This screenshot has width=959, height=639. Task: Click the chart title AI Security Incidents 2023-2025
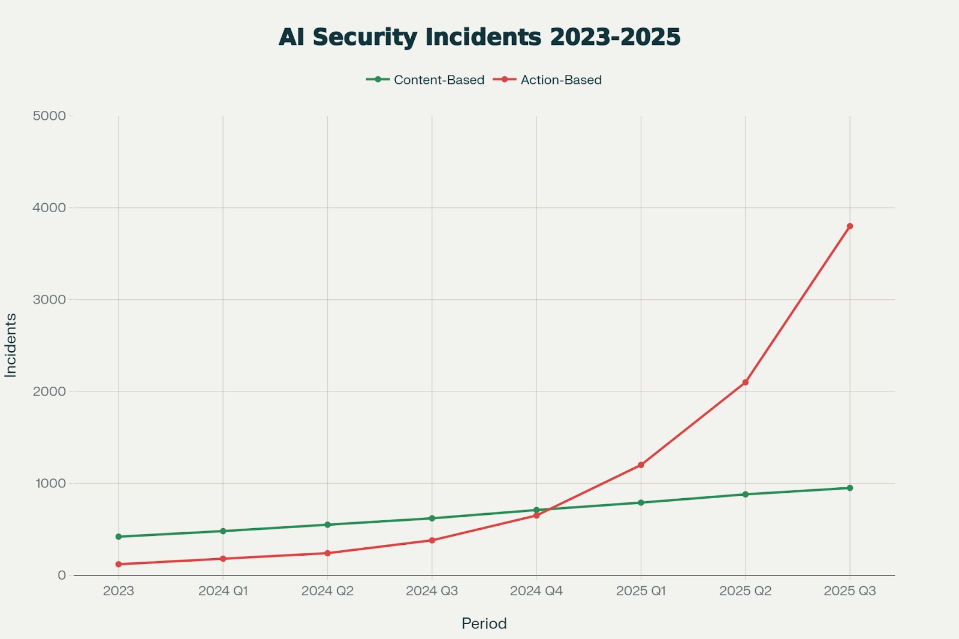[479, 37]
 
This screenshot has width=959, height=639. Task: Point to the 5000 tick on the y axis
[49, 116]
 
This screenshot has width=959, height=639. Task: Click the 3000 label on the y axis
[49, 300]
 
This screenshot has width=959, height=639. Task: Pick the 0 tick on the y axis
[61, 575]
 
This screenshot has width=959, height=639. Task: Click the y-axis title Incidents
[11, 345]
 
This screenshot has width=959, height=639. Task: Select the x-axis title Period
[484, 623]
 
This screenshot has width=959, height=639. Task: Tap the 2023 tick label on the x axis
[119, 591]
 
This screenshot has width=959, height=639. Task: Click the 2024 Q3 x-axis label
[432, 591]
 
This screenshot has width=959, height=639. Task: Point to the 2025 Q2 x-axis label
[745, 591]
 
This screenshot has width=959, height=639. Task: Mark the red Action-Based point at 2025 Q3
[850, 226]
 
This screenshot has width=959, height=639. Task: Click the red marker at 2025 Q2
[745, 382]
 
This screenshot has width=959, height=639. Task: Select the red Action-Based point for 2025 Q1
[641, 465]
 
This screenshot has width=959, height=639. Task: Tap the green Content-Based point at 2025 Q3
[850, 488]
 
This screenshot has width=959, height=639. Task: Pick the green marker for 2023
[119, 536]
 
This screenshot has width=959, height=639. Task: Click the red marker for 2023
[119, 564]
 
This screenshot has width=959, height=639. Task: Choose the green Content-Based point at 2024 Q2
[327, 525]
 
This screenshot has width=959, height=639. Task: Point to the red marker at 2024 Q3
[432, 540]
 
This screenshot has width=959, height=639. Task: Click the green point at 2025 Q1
[641, 502]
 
